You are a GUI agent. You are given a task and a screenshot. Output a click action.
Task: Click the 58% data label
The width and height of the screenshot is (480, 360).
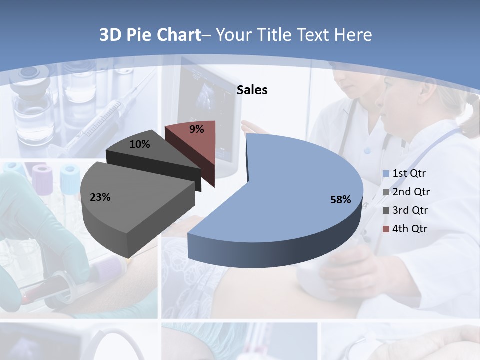coord(340,200)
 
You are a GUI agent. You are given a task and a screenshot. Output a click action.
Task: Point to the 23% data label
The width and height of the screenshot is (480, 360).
coord(100,197)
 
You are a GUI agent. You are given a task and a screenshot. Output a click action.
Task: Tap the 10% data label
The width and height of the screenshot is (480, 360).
coord(140,144)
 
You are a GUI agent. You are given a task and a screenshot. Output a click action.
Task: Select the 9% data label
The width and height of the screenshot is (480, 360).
coord(197,129)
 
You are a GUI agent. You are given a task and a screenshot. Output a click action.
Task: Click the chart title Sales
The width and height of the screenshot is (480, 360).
coord(252,90)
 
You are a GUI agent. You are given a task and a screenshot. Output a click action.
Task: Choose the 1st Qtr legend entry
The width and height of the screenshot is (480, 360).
coord(409,173)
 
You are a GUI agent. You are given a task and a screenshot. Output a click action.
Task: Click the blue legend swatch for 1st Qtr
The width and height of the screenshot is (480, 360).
coord(386,174)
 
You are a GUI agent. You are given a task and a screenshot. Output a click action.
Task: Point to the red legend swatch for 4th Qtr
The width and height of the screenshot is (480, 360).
coord(386,229)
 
